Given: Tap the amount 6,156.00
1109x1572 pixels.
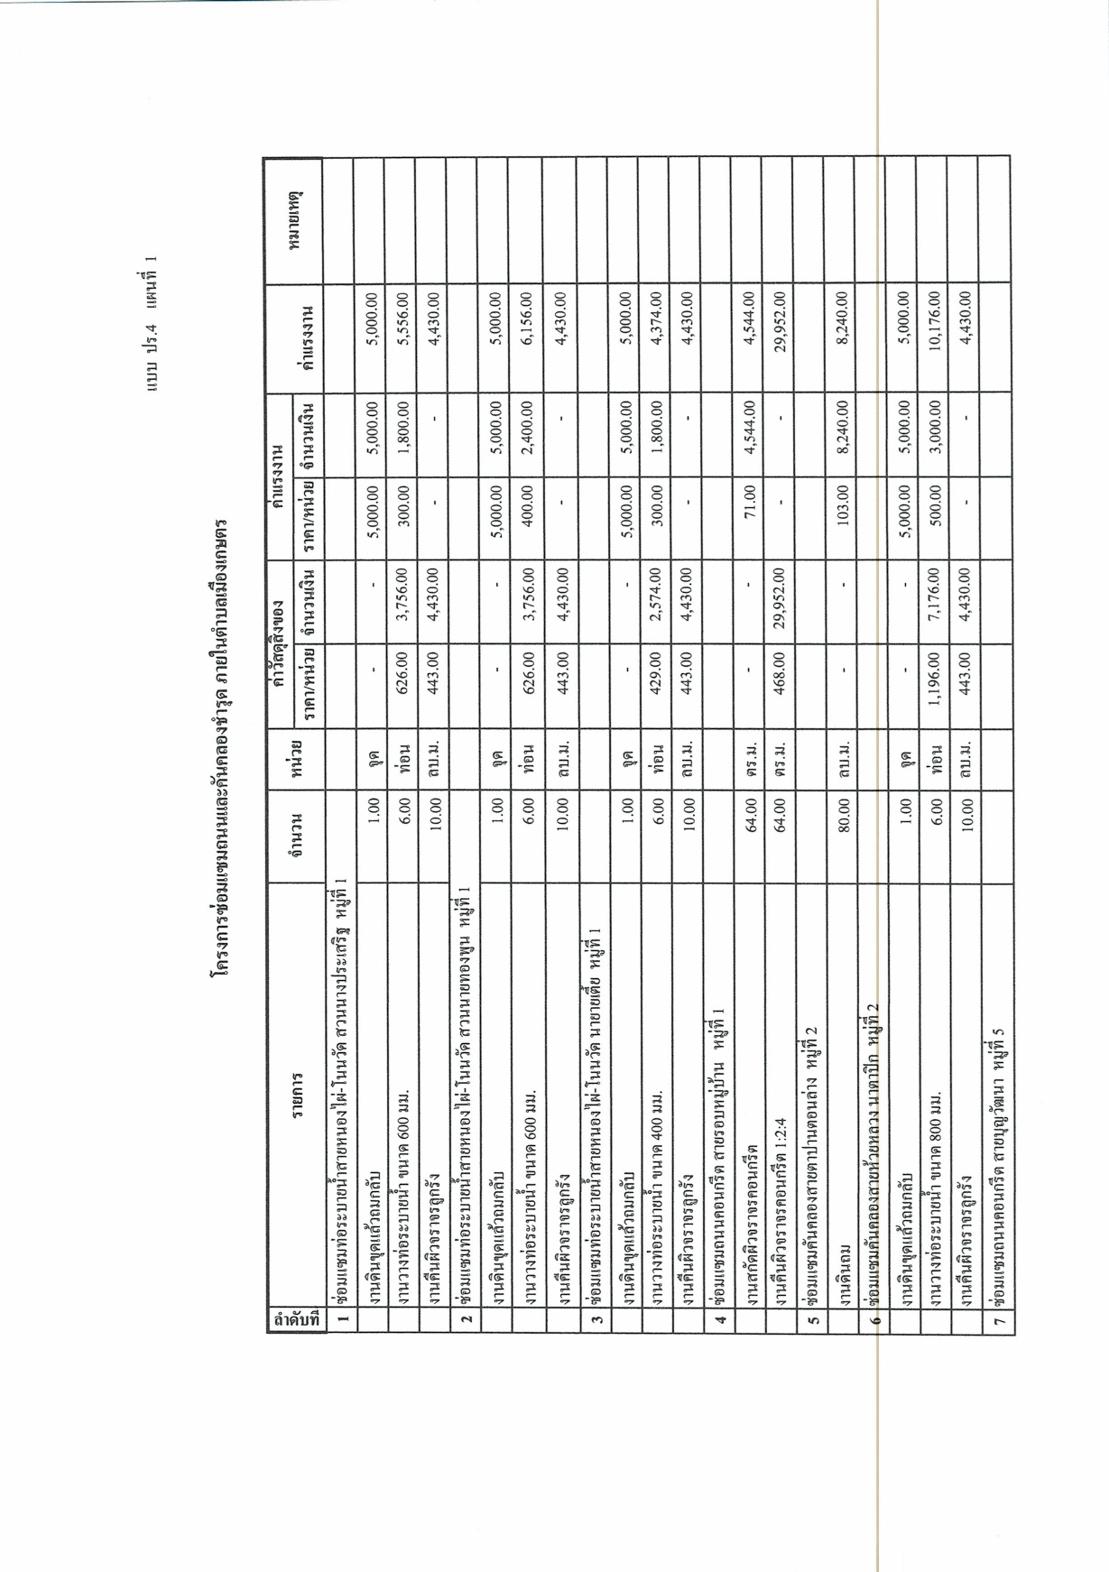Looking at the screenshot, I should click(x=524, y=318).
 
